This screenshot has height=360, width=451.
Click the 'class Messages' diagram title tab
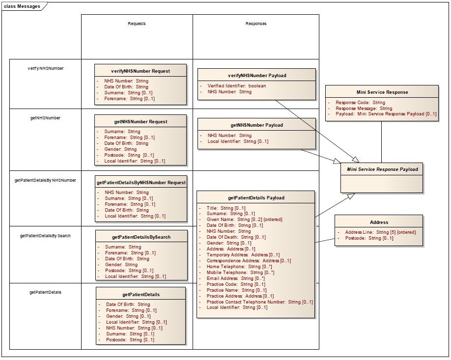point(22,6)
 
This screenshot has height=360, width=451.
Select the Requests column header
point(137,24)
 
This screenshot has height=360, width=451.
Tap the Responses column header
point(256,24)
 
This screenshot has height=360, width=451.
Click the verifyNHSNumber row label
point(46,68)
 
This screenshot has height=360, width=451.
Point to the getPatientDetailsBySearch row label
point(45,236)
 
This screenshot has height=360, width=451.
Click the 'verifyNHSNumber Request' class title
point(141,71)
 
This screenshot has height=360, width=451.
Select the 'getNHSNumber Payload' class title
point(256,125)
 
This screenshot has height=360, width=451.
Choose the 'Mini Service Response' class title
point(382,92)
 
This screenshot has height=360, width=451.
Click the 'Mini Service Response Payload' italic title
point(382,169)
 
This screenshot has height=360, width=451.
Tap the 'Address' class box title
point(379,222)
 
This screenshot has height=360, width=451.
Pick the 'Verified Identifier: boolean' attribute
point(236,86)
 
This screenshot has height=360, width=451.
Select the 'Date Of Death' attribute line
point(236,237)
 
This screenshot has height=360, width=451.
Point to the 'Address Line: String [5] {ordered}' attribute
point(380,232)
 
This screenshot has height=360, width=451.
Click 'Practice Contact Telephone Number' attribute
point(259,302)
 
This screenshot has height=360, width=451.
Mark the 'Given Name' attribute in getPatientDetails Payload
point(244,220)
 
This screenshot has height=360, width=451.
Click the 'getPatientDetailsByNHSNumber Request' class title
point(141,182)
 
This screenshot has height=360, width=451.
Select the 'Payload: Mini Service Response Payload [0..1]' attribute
point(386,114)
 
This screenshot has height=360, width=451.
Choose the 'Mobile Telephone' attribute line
point(240,273)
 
